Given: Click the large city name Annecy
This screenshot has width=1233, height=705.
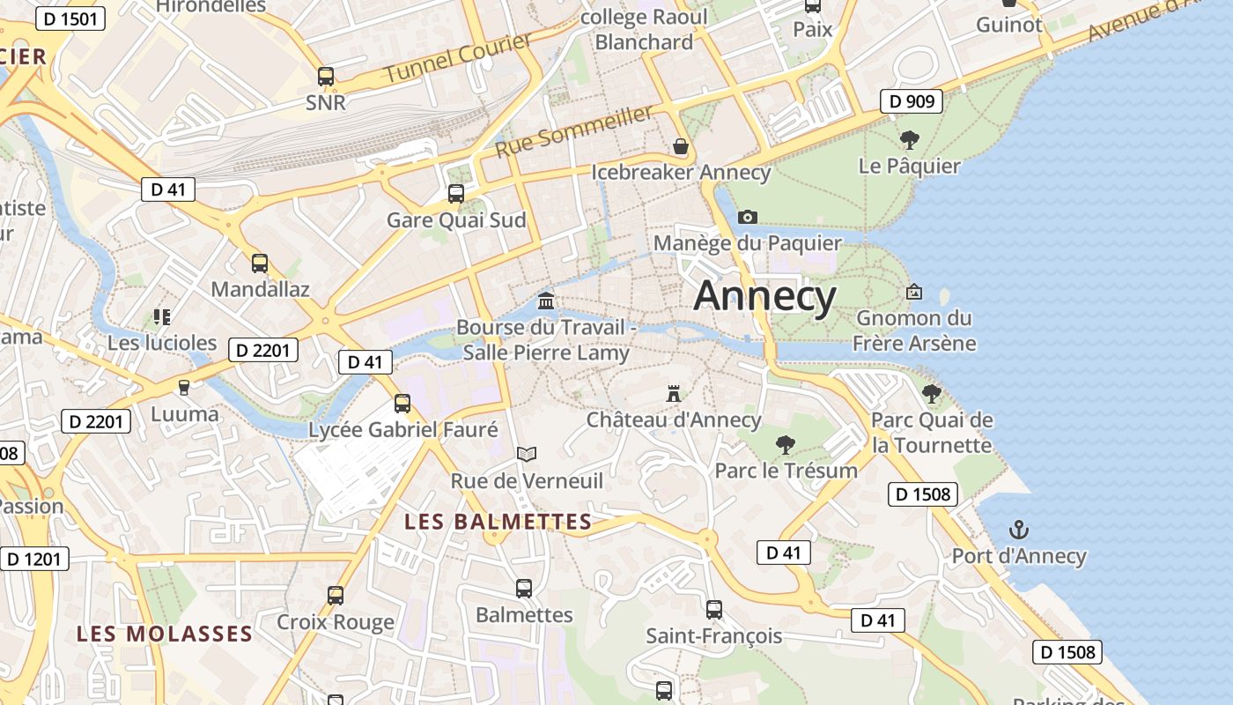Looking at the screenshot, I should click(764, 296).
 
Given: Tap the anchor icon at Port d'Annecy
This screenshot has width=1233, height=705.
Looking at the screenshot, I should click(1019, 530).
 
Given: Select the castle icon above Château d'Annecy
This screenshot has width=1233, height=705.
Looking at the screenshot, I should click(674, 393).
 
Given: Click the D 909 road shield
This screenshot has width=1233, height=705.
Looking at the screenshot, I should click(912, 101).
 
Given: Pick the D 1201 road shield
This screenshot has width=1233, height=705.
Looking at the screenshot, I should click(34, 558).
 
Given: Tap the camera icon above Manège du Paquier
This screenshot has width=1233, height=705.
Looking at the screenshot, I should click(747, 217).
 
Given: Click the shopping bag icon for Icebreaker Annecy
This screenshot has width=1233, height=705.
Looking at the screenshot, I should click(680, 145).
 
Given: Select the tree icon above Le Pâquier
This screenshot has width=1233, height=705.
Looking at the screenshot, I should click(909, 139).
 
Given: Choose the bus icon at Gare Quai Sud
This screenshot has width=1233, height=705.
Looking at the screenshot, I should click(456, 194).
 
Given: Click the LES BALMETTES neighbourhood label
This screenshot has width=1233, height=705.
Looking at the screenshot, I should click(498, 522).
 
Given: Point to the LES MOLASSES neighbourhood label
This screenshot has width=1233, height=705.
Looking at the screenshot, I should click(165, 634).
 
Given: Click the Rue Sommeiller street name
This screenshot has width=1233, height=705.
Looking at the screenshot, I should click(574, 131).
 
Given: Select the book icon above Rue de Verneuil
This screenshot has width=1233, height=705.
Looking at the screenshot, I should click(527, 454).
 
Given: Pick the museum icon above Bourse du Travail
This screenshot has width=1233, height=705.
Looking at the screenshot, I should click(546, 301).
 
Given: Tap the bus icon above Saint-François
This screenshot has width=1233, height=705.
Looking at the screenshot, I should click(713, 609).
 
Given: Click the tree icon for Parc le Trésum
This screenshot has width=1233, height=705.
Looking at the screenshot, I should click(785, 444).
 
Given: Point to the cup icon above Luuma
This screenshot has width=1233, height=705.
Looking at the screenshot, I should click(184, 387).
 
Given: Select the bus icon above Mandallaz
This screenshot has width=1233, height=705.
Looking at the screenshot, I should click(260, 263).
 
